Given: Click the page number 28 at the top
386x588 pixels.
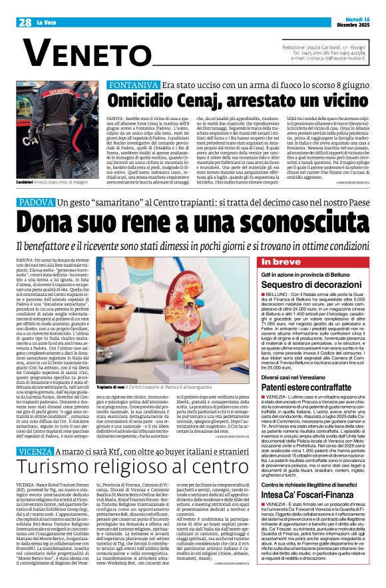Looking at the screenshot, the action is tap(25, 22).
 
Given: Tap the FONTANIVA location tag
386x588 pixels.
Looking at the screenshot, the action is tap(136, 86).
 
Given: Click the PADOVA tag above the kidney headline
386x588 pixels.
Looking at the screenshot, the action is tap(35, 201).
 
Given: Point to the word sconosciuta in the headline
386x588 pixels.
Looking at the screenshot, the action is tap(256, 221).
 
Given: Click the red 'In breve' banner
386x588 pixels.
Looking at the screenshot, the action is tap(280, 262).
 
